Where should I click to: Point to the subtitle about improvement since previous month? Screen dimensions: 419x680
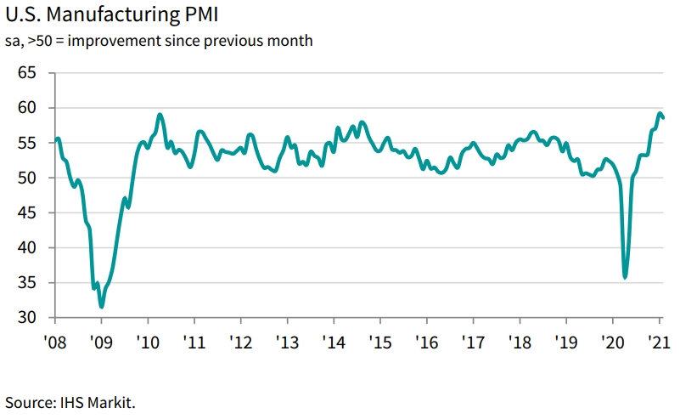[x=159, y=41]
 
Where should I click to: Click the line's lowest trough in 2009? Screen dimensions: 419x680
[x=102, y=306]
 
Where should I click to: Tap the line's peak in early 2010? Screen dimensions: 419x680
[x=160, y=115]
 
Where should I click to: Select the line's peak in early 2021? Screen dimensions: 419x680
[x=660, y=113]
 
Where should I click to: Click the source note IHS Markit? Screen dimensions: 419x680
[x=70, y=400]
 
